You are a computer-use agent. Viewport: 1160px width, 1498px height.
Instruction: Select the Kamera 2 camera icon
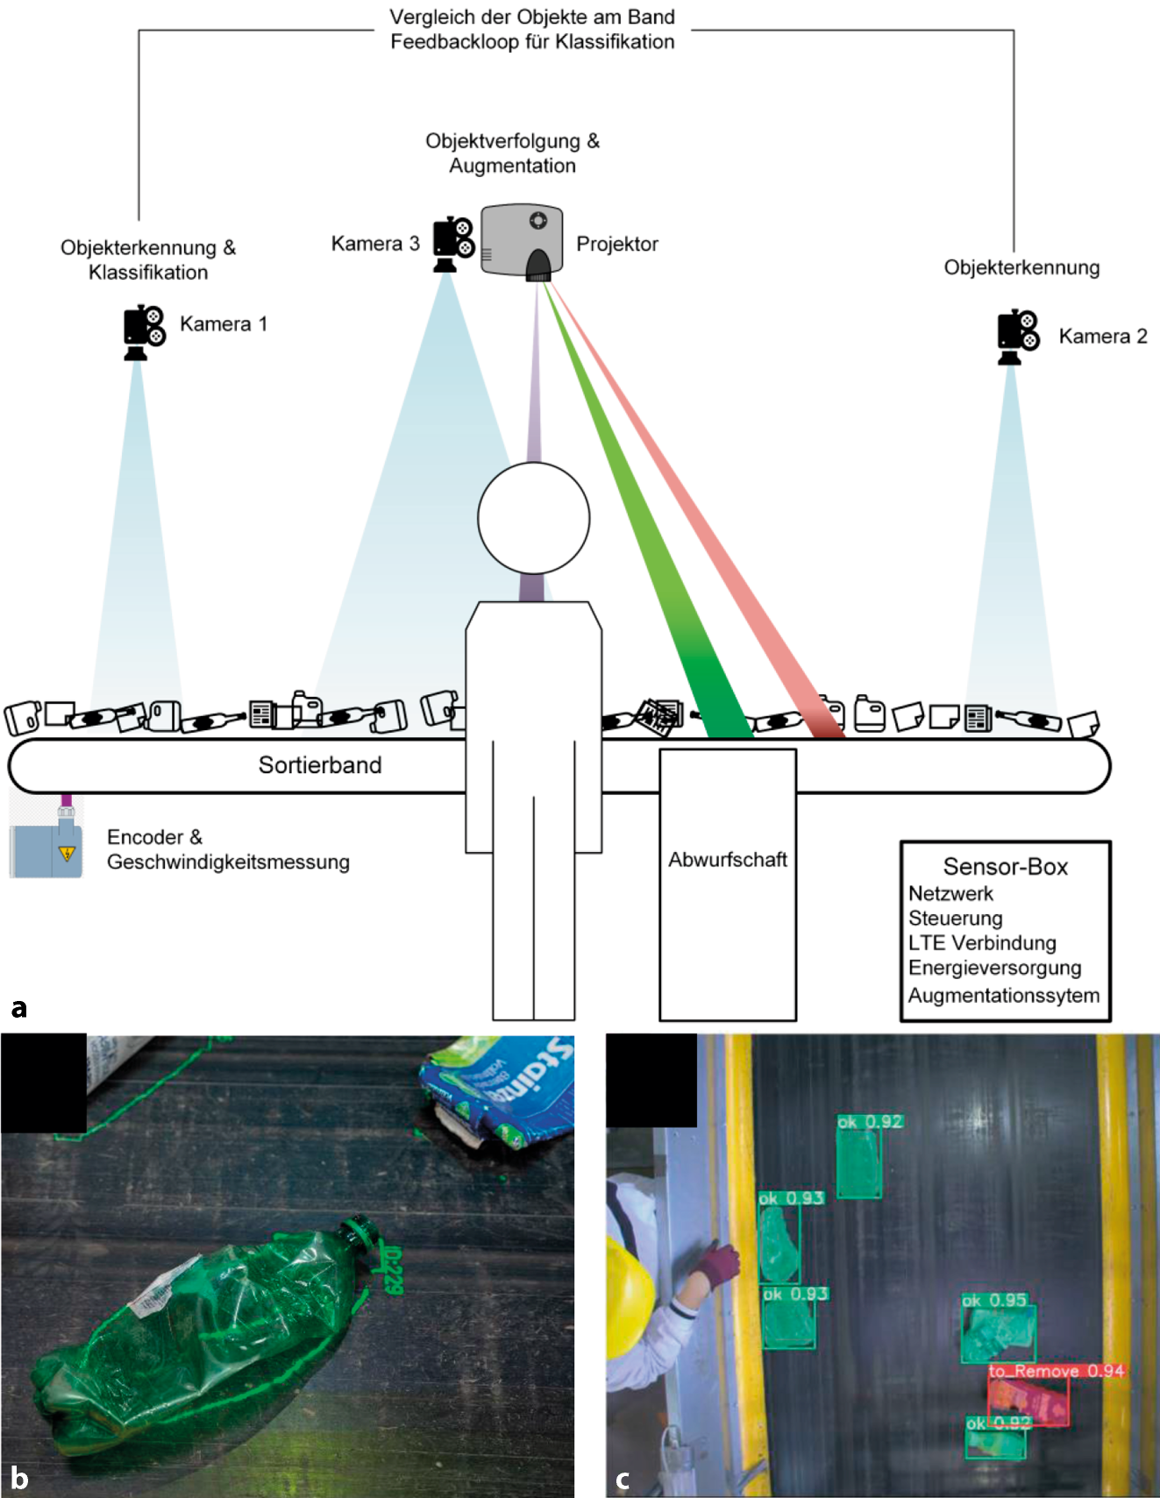click(x=1017, y=337)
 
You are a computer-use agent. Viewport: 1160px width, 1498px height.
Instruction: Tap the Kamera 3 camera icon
click(x=453, y=244)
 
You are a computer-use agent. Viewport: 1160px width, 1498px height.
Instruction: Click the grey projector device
click(x=522, y=242)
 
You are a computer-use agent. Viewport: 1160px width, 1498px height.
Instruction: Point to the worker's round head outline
click(x=533, y=518)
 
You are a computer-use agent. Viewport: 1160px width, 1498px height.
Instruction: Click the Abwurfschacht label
click(x=728, y=860)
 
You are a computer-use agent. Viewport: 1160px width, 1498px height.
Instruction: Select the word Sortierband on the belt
click(x=320, y=765)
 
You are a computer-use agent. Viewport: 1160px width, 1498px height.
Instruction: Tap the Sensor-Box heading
click(x=1006, y=867)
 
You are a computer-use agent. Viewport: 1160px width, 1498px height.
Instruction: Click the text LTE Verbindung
click(x=982, y=943)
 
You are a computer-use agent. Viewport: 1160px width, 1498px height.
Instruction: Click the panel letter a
click(x=19, y=1008)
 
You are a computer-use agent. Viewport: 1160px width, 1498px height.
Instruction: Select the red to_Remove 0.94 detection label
click(x=1056, y=1371)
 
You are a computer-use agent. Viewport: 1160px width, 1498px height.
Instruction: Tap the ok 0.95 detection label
click(x=994, y=1300)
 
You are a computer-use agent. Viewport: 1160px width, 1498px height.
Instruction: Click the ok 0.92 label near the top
click(x=870, y=1121)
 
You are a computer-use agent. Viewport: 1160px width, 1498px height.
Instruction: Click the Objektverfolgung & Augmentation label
click(x=513, y=153)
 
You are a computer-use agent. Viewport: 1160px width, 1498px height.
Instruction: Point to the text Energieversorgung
click(x=994, y=968)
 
